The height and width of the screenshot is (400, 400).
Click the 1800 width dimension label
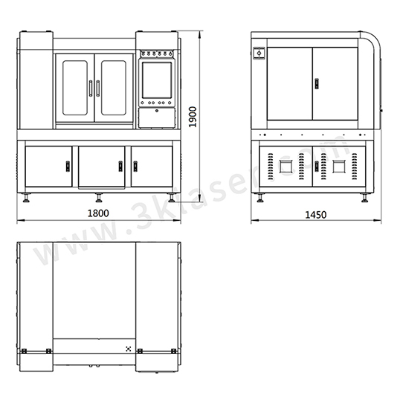(x=98, y=213)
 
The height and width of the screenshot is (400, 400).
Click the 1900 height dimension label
(x=193, y=117)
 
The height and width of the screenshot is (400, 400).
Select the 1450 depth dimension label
(x=316, y=215)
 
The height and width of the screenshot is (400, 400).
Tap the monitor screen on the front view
(x=157, y=80)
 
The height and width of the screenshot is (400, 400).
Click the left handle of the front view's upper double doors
(x=91, y=88)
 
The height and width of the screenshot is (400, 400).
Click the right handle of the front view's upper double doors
(x=98, y=88)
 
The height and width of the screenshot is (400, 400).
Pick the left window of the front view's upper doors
(x=75, y=88)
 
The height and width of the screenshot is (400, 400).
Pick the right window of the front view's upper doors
(x=114, y=88)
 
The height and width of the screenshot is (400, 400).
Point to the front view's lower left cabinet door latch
(x=68, y=167)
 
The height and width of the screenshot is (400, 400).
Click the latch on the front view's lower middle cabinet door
(x=120, y=167)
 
